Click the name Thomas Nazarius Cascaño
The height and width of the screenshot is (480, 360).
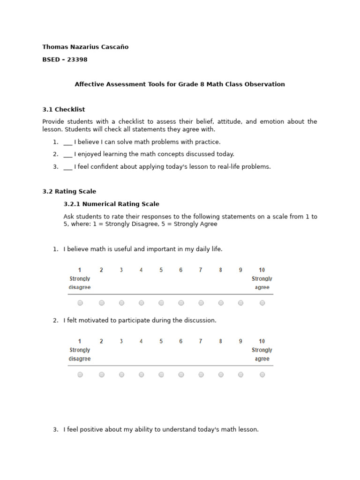(x=85, y=47)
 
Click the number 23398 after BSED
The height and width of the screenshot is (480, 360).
(x=77, y=60)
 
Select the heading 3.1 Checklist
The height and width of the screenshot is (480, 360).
(x=64, y=109)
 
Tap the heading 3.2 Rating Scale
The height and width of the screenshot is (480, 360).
(x=69, y=191)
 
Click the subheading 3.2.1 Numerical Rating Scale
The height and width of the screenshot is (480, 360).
(x=111, y=204)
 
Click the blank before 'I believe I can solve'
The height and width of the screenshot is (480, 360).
(x=67, y=142)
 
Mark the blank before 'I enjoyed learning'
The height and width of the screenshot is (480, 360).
(x=67, y=155)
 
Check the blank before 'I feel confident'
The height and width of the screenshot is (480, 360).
(x=67, y=167)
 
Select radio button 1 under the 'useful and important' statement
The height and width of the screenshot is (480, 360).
(x=80, y=303)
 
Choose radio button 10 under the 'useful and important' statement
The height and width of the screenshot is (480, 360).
(x=262, y=303)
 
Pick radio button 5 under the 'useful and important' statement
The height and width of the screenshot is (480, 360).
(x=161, y=303)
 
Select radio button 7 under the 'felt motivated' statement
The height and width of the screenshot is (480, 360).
(x=201, y=375)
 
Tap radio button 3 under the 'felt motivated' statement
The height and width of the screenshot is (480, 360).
(x=121, y=375)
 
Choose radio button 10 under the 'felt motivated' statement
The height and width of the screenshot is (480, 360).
(x=262, y=375)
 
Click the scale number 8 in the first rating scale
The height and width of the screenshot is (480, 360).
(x=220, y=270)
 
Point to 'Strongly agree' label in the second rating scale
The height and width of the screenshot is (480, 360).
(x=262, y=354)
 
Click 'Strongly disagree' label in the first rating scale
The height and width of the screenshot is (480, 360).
(x=80, y=283)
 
